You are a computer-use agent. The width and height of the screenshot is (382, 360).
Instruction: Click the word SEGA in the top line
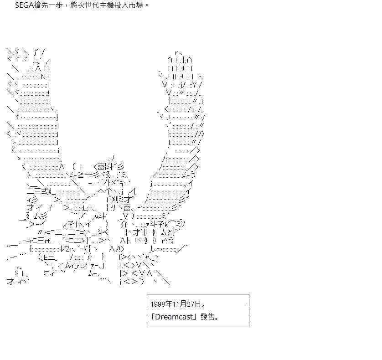coord(24,5)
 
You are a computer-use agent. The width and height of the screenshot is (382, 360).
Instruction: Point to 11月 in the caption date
coord(180,304)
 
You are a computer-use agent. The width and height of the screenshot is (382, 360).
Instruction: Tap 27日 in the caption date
coord(194,304)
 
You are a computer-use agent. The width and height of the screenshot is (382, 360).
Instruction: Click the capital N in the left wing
coord(43,77)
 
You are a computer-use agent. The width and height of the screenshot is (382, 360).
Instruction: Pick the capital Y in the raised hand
coord(194,85)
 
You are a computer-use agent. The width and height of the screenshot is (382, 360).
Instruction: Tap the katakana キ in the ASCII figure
coord(122,182)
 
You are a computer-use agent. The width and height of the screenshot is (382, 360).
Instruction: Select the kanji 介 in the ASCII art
coord(124,224)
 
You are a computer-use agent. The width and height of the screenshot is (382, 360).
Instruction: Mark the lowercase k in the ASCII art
coord(166,224)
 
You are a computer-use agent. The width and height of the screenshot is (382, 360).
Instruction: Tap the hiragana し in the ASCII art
coord(154,249)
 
